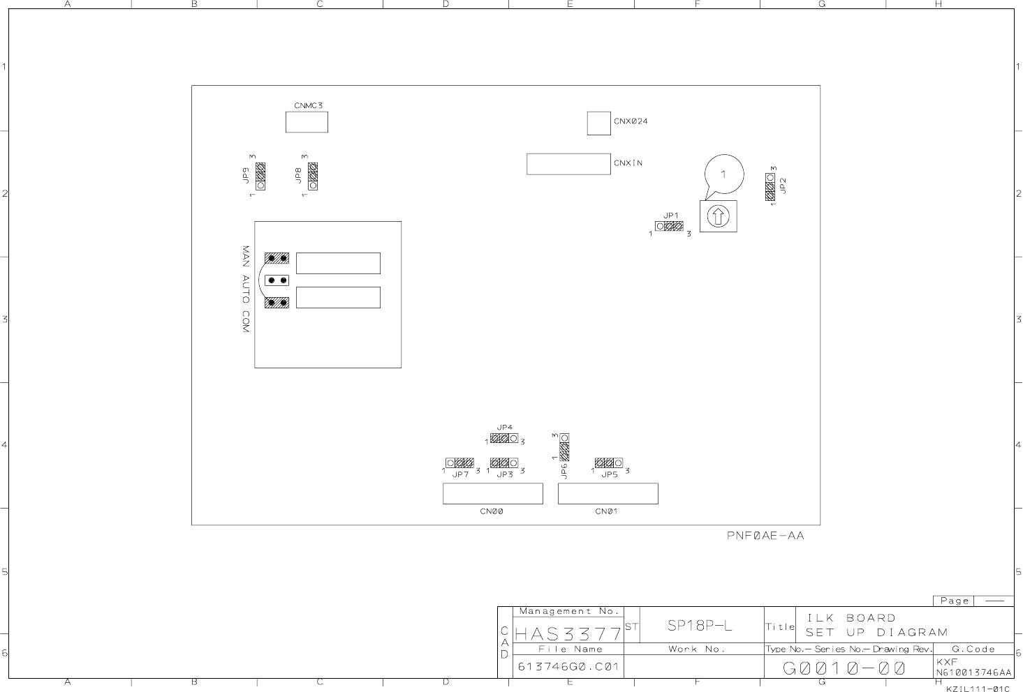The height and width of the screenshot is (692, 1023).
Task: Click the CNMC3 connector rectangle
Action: tap(307, 122)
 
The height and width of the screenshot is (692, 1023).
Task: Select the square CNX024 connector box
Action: tap(598, 123)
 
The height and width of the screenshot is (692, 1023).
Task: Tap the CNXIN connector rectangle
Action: tap(568, 164)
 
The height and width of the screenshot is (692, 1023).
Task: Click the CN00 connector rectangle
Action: tap(493, 494)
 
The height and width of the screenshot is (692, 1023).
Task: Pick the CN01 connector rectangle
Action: tap(608, 494)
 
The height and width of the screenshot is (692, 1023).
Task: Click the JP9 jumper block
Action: tap(260, 176)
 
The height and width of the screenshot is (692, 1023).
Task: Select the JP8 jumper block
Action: tap(313, 176)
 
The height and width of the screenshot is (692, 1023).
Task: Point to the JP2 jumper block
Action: tap(770, 186)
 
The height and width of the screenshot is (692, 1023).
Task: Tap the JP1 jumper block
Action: tap(669, 226)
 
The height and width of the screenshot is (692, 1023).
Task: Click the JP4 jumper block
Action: tap(504, 438)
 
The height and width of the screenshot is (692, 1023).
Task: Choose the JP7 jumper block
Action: tap(459, 463)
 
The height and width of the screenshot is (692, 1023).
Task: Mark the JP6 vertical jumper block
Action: tap(564, 447)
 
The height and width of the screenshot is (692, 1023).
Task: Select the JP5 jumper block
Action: tap(609, 463)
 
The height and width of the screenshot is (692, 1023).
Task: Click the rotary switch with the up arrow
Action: tap(719, 216)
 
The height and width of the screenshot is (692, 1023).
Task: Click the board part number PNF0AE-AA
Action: tap(765, 536)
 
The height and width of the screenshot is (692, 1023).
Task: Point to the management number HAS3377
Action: tap(568, 633)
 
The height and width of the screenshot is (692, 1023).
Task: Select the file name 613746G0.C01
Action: tap(568, 667)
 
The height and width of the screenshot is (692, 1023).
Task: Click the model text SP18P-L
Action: tap(700, 626)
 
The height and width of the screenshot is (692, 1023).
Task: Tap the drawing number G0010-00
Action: tap(844, 668)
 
